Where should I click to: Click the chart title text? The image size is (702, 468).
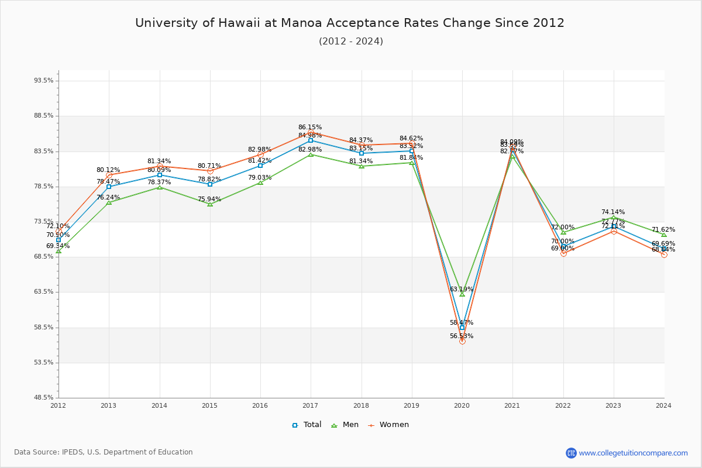350,23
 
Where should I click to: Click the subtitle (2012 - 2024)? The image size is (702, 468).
351,42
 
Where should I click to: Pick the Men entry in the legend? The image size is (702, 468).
345,425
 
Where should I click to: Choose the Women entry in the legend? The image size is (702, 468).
388,425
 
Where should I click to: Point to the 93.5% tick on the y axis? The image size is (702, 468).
44,81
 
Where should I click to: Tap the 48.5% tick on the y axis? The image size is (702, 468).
44,398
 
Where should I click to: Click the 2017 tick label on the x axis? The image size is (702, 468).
311,405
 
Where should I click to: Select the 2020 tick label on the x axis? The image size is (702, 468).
462,405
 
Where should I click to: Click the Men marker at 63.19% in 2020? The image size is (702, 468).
462,294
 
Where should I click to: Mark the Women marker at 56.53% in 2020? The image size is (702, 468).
462,341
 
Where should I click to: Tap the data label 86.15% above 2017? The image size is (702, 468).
310,127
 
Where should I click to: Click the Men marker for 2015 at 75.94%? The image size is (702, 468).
210,204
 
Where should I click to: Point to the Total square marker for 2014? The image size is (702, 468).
160,175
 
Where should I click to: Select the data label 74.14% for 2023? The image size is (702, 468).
613,212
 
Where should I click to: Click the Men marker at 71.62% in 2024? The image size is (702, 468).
663,235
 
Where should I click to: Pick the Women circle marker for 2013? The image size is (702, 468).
109,175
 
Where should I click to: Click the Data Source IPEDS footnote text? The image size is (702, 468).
104,452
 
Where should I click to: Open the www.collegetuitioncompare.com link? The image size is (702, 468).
633,453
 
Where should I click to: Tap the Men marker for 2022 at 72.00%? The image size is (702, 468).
563,232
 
